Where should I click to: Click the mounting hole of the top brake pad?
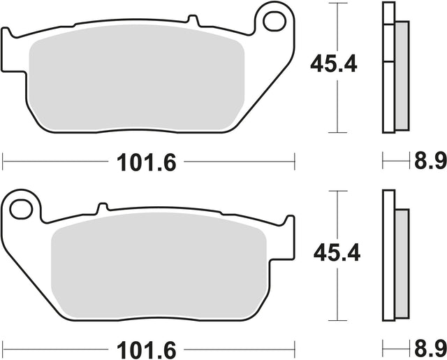[274, 21]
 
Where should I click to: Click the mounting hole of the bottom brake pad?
[21, 209]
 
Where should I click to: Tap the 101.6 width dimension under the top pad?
[147, 162]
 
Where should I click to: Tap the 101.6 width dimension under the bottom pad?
[147, 350]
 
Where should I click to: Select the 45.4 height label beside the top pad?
[334, 64]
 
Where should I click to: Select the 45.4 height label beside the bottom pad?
[337, 253]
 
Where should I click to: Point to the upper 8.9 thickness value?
[430, 161]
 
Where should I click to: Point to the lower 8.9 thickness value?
[430, 349]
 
